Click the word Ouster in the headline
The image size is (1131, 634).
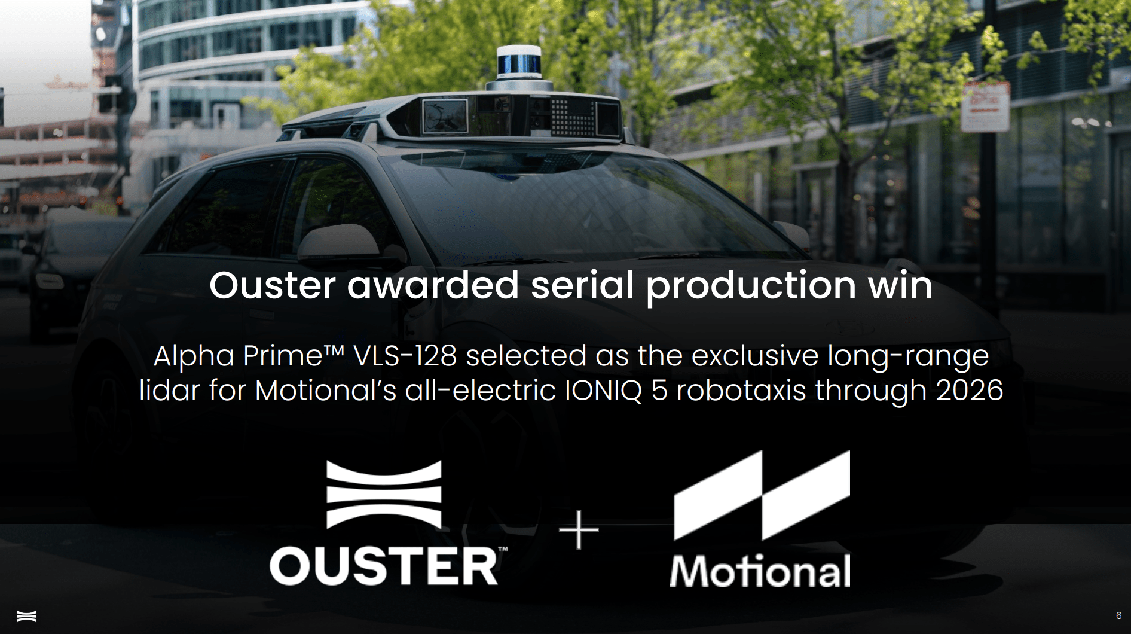(272, 285)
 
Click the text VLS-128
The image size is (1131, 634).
(405, 356)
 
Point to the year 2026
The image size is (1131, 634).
(969, 391)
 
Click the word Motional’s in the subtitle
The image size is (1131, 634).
(326, 391)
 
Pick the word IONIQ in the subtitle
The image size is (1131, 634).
(603, 391)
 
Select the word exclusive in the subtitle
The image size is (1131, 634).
(755, 356)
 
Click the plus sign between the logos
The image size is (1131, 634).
(578, 530)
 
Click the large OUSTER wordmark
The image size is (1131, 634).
(384, 566)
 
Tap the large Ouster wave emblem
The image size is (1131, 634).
(384, 494)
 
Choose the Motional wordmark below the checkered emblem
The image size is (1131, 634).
(760, 571)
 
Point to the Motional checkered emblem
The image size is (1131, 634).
(762, 495)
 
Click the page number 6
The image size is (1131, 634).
(1118, 616)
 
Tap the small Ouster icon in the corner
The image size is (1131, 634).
(26, 616)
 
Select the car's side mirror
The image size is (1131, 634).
(340, 243)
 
